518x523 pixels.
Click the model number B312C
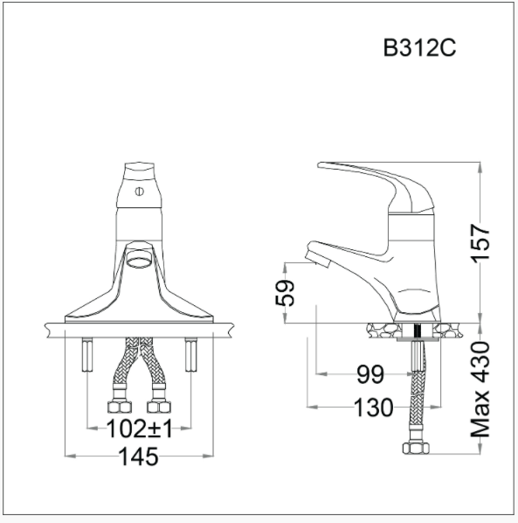click(419, 47)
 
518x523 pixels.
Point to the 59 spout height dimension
click(286, 291)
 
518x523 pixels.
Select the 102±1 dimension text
click(138, 429)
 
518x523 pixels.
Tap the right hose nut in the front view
click(159, 407)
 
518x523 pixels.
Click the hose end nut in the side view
click(414, 449)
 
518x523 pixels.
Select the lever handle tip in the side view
click(325, 165)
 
